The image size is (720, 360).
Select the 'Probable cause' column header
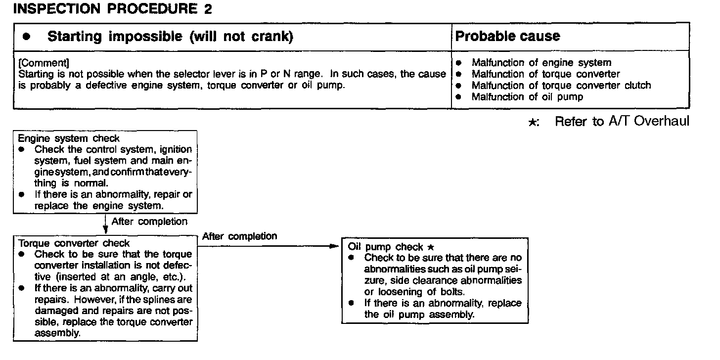[507, 37]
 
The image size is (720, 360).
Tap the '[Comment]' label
[44, 63]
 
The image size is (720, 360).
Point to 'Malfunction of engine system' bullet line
[541, 63]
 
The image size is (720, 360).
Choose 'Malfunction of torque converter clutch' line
[561, 86]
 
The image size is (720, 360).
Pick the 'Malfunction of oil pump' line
[527, 97]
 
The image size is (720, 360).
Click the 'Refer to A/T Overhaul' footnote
[622, 122]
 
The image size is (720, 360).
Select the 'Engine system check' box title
[69, 138]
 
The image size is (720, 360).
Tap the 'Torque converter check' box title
[74, 243]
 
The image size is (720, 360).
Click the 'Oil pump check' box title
[386, 247]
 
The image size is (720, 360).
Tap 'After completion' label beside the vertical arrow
[149, 222]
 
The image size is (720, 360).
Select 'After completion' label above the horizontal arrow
[239, 236]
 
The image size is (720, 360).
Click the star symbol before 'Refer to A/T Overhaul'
[533, 123]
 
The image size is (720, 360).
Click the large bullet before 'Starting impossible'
[27, 37]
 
